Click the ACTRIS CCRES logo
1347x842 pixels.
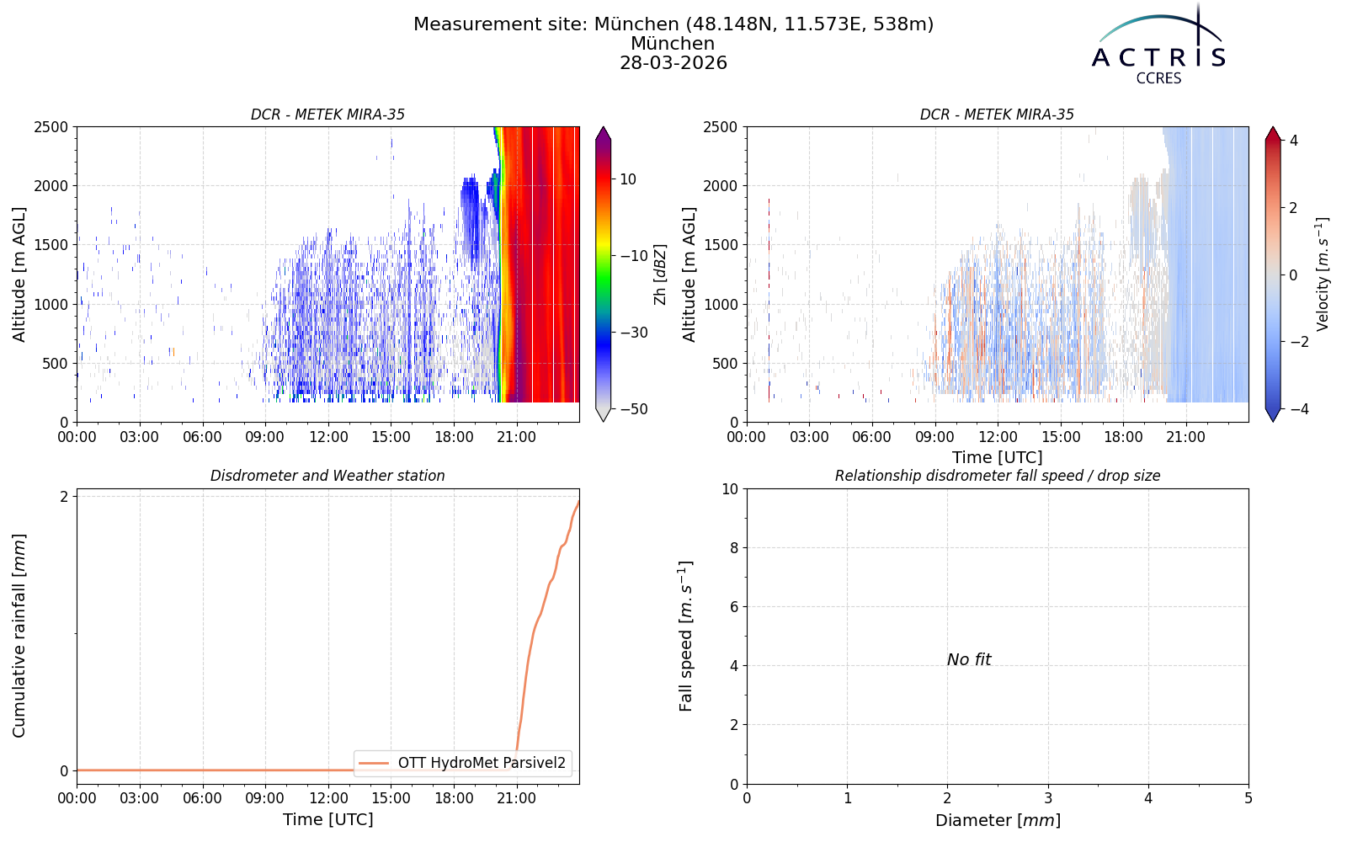tap(1158, 45)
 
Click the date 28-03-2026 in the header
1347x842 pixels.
tap(673, 62)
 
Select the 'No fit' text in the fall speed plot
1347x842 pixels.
tap(969, 660)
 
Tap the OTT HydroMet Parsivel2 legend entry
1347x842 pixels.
tap(462, 763)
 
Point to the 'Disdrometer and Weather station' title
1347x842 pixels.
tap(327, 476)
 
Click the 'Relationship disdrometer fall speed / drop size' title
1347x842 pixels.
tap(998, 476)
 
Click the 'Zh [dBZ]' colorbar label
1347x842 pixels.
tap(660, 274)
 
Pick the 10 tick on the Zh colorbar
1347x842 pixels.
tap(628, 179)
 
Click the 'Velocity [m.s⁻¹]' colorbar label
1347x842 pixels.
tap(1322, 274)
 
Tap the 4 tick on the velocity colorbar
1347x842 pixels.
tap(1294, 141)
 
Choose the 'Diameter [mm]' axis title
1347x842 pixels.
tap(998, 820)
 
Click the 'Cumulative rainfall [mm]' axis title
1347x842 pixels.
tap(19, 636)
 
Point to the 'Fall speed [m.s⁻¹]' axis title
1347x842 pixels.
tap(685, 637)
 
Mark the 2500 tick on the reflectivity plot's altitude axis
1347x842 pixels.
tap(51, 127)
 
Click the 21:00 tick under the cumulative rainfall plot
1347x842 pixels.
tap(517, 798)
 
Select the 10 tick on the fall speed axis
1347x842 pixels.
tap(730, 489)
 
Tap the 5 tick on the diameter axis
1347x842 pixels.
tap(1249, 798)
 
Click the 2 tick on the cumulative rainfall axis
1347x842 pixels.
tap(64, 496)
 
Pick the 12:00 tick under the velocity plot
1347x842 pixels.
tap(998, 437)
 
